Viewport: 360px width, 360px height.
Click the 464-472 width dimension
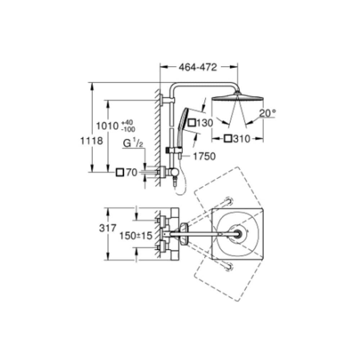(198, 67)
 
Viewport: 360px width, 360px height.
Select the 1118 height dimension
(91, 140)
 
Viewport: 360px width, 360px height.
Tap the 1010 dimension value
(107, 126)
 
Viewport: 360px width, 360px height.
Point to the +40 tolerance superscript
(128, 122)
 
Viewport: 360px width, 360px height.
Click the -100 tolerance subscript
(129, 130)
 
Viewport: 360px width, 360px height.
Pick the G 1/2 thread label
(133, 144)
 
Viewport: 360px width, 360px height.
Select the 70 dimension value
(132, 172)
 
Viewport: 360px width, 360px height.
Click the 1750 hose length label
(204, 156)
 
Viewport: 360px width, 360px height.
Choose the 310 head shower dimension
(241, 139)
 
